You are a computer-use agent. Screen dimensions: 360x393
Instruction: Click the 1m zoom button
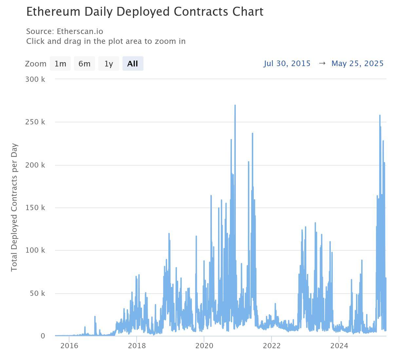[x=60, y=63]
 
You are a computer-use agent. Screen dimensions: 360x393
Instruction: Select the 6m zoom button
[x=84, y=63]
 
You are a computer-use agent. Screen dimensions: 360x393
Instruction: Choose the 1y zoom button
[x=109, y=63]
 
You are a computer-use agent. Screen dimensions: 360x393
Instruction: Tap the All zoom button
[x=133, y=63]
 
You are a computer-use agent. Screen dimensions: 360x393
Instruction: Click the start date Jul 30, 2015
[x=287, y=63]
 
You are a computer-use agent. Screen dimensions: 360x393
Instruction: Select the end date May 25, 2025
[x=357, y=63]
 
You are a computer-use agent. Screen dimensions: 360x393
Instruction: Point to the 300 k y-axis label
[x=35, y=79]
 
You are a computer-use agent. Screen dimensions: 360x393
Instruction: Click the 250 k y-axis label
[x=35, y=122]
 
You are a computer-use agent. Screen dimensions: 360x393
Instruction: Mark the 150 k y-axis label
[x=35, y=208]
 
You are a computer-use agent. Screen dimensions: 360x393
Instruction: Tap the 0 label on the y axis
[x=43, y=336]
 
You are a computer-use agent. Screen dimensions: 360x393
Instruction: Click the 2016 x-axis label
[x=69, y=346]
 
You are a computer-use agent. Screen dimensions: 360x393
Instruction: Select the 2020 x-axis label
[x=204, y=346]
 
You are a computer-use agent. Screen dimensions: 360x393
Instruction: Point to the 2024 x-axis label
[x=339, y=346]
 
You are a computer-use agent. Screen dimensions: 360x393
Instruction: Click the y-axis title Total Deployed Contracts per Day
[x=14, y=207]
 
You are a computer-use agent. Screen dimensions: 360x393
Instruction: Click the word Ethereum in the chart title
[x=53, y=12]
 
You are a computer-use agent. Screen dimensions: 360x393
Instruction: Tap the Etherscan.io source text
[x=80, y=31]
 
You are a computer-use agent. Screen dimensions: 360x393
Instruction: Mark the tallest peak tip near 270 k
[x=235, y=105]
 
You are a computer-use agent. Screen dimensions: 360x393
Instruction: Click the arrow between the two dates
[x=322, y=63]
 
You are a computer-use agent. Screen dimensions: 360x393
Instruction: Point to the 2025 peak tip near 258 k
[x=380, y=116]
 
